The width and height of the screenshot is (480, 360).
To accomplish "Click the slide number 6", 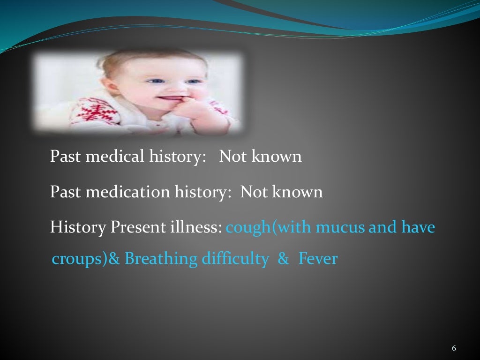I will point(454,348).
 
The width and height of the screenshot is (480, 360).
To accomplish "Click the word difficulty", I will point(235,259).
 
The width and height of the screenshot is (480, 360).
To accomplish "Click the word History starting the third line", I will point(78,227).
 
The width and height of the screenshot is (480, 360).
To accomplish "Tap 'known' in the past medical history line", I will point(277,156).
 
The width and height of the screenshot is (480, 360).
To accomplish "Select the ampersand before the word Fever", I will point(283,259).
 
